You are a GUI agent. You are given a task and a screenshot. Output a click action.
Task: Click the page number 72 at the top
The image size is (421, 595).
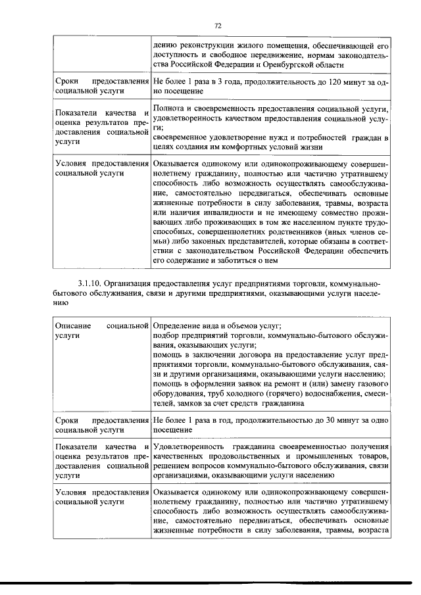pyautogui.click(x=218, y=25)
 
